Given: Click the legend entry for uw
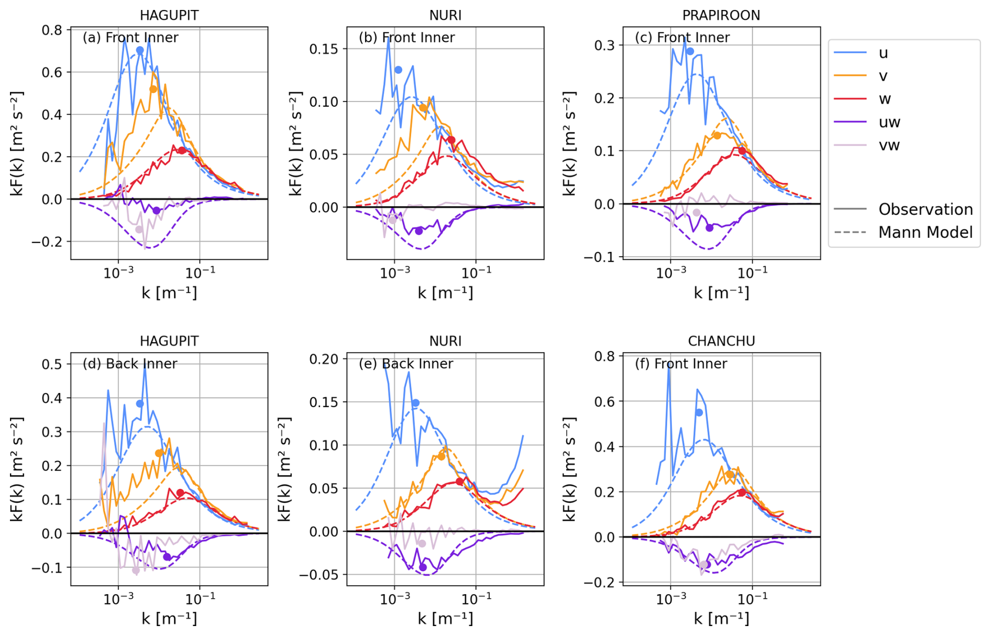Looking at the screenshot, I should (x=889, y=122).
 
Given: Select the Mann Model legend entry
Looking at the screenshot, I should (x=925, y=232).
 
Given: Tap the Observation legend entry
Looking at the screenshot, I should (x=925, y=209).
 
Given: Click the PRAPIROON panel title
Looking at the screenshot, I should (x=721, y=15).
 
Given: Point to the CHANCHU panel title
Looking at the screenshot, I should (x=721, y=341).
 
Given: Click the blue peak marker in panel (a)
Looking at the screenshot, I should (x=140, y=50).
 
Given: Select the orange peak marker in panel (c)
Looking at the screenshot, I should (x=717, y=136).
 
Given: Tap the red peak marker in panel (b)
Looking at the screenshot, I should (x=451, y=140).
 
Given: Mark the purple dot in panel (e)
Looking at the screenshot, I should (x=423, y=567).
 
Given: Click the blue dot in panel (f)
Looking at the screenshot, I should (x=699, y=413).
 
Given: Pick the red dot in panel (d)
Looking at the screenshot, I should (x=180, y=493).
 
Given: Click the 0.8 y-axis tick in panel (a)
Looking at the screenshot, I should (x=52, y=30).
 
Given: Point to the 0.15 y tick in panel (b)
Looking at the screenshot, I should (x=324, y=49).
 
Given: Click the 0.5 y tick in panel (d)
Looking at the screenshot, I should (x=52, y=364).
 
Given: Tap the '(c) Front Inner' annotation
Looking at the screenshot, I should (x=682, y=38).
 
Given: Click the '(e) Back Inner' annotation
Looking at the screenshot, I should (x=406, y=364).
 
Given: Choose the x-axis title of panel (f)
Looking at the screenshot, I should (x=721, y=619).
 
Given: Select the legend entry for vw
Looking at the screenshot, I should (x=889, y=145).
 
